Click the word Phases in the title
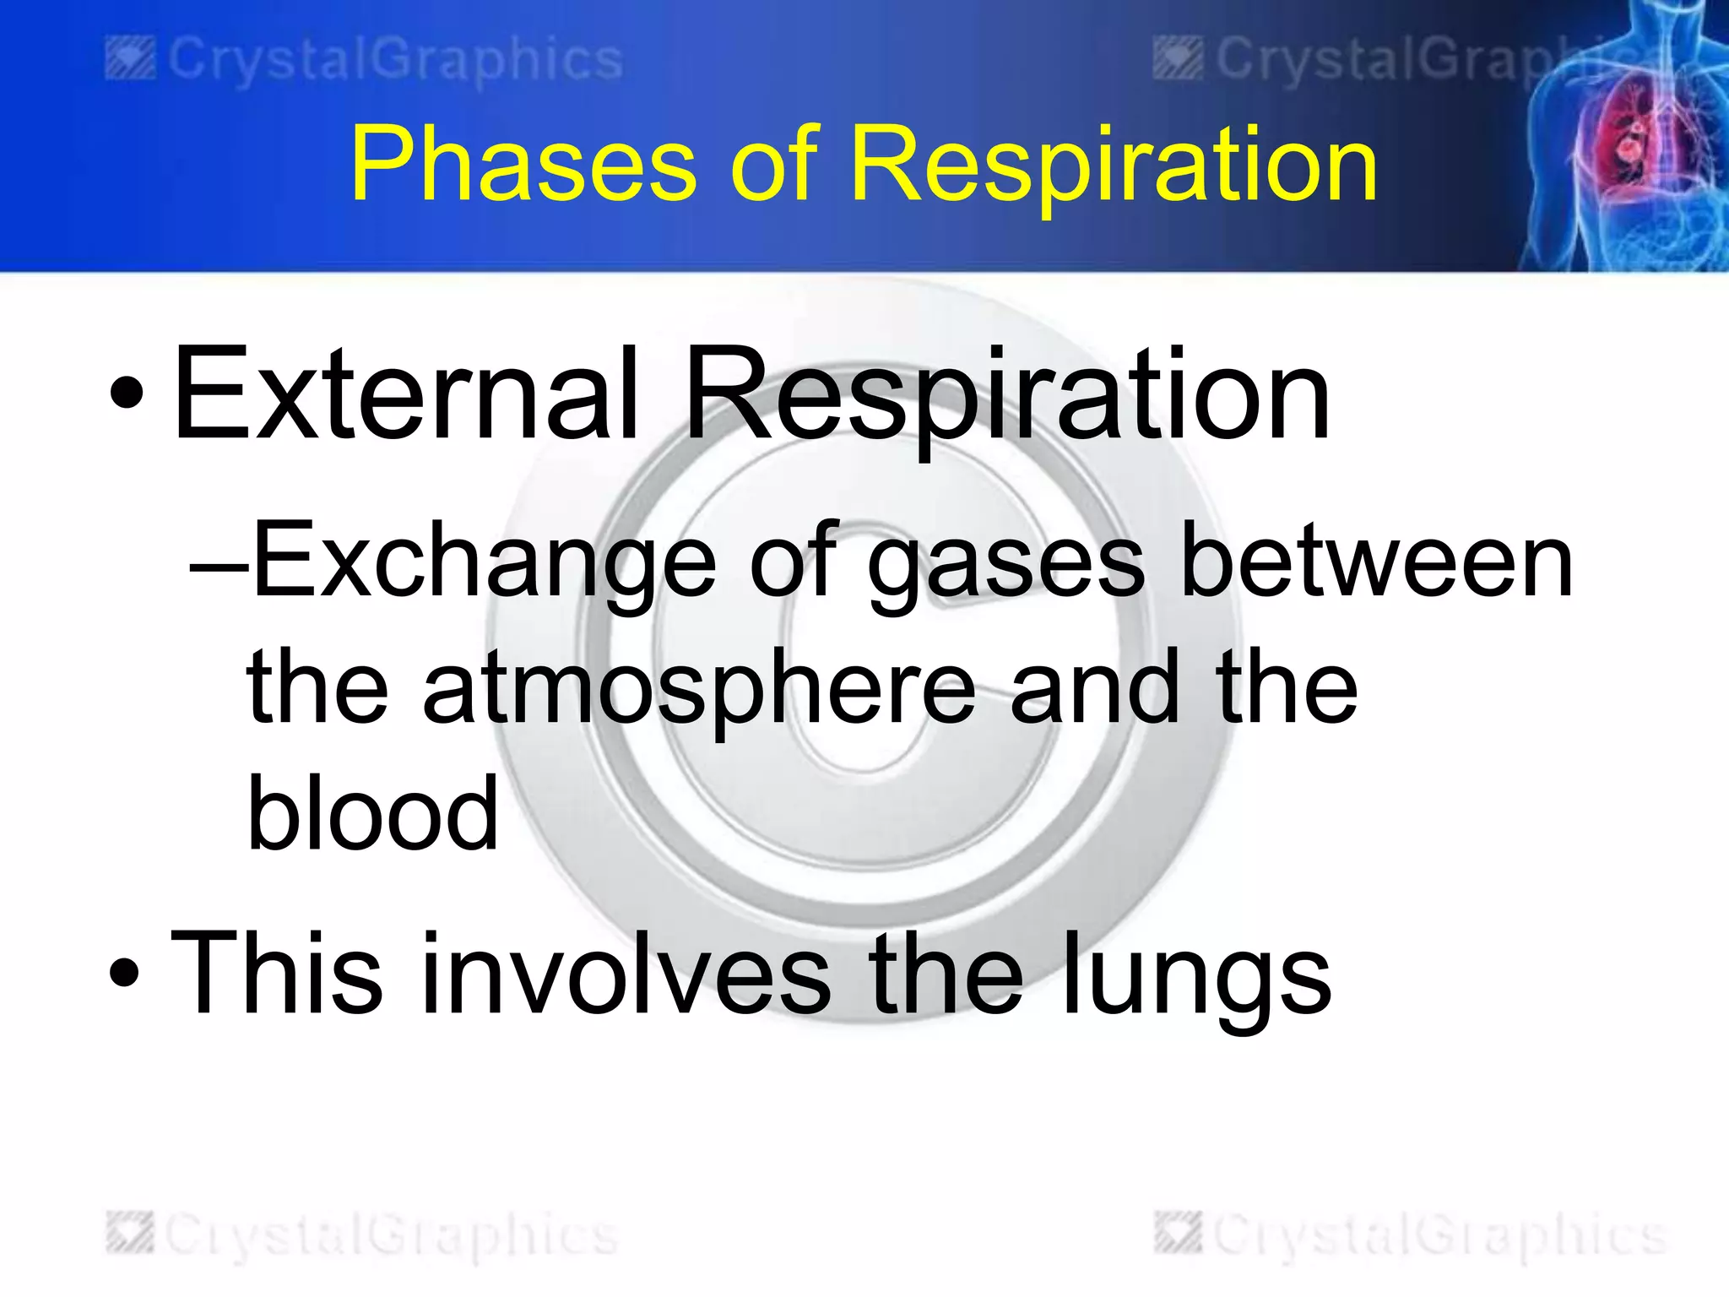click(523, 165)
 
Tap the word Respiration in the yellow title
click(1114, 165)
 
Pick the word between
click(1376, 562)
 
